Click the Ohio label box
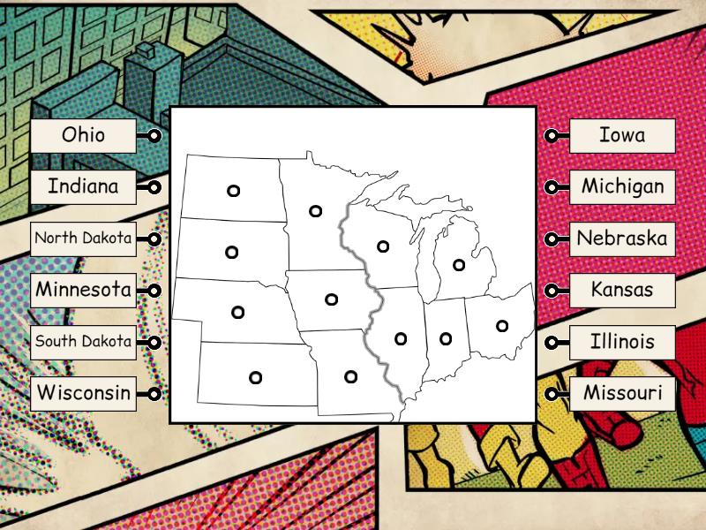[84, 135]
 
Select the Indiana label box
[84, 187]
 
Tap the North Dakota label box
[84, 238]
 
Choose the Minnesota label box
[84, 290]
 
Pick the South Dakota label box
[84, 342]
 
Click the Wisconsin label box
[84, 393]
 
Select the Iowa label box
[622, 135]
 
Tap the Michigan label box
[622, 187]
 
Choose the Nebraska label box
[622, 238]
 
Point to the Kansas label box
[622, 290]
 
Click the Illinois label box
[622, 342]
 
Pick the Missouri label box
[622, 393]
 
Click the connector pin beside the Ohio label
[154, 136]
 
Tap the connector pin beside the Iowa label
[552, 136]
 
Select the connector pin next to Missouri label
[552, 394]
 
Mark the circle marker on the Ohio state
[502, 326]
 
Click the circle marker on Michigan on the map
[459, 264]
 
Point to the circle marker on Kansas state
[255, 377]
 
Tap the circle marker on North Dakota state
[233, 191]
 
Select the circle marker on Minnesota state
[315, 210]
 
